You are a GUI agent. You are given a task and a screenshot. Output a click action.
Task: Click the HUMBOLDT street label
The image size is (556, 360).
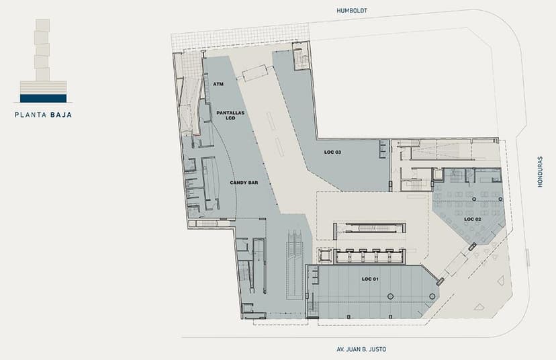[x=352, y=11]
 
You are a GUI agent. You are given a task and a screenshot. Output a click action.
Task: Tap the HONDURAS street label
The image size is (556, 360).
[x=540, y=172]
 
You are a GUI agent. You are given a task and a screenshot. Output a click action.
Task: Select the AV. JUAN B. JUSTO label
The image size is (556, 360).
[x=361, y=349]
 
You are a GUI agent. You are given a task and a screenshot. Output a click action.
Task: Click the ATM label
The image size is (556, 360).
[x=218, y=84]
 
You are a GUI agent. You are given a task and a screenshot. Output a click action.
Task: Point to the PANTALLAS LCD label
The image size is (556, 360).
[x=230, y=115]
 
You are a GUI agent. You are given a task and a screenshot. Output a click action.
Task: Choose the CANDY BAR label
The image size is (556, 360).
[x=244, y=182]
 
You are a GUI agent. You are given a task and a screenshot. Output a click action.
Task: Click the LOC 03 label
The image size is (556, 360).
[x=332, y=152]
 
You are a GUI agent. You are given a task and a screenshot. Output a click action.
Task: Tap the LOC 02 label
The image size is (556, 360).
[x=473, y=219]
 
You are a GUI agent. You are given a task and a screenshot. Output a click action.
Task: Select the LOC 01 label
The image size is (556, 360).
[x=370, y=279]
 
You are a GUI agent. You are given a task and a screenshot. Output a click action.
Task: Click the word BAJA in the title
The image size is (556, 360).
[x=61, y=115]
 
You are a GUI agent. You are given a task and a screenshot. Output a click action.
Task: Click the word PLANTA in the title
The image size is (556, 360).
[x=30, y=115]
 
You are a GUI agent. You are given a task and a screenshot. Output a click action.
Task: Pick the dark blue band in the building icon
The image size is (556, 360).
[x=43, y=98]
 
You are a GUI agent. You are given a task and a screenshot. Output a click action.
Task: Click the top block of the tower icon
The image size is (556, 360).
[x=42, y=25]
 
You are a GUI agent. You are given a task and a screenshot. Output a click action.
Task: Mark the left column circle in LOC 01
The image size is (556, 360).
[x=390, y=296]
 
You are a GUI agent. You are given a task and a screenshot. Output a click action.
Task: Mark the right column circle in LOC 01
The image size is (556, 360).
[x=432, y=296]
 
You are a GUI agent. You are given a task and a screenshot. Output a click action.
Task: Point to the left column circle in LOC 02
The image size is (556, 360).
[x=474, y=199]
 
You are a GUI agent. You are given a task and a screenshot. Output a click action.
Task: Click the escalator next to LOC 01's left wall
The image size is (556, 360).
[x=295, y=264]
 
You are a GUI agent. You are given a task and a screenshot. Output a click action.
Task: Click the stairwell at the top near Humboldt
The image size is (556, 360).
[x=301, y=56]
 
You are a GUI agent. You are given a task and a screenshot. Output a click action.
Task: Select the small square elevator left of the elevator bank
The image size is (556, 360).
[x=325, y=255]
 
